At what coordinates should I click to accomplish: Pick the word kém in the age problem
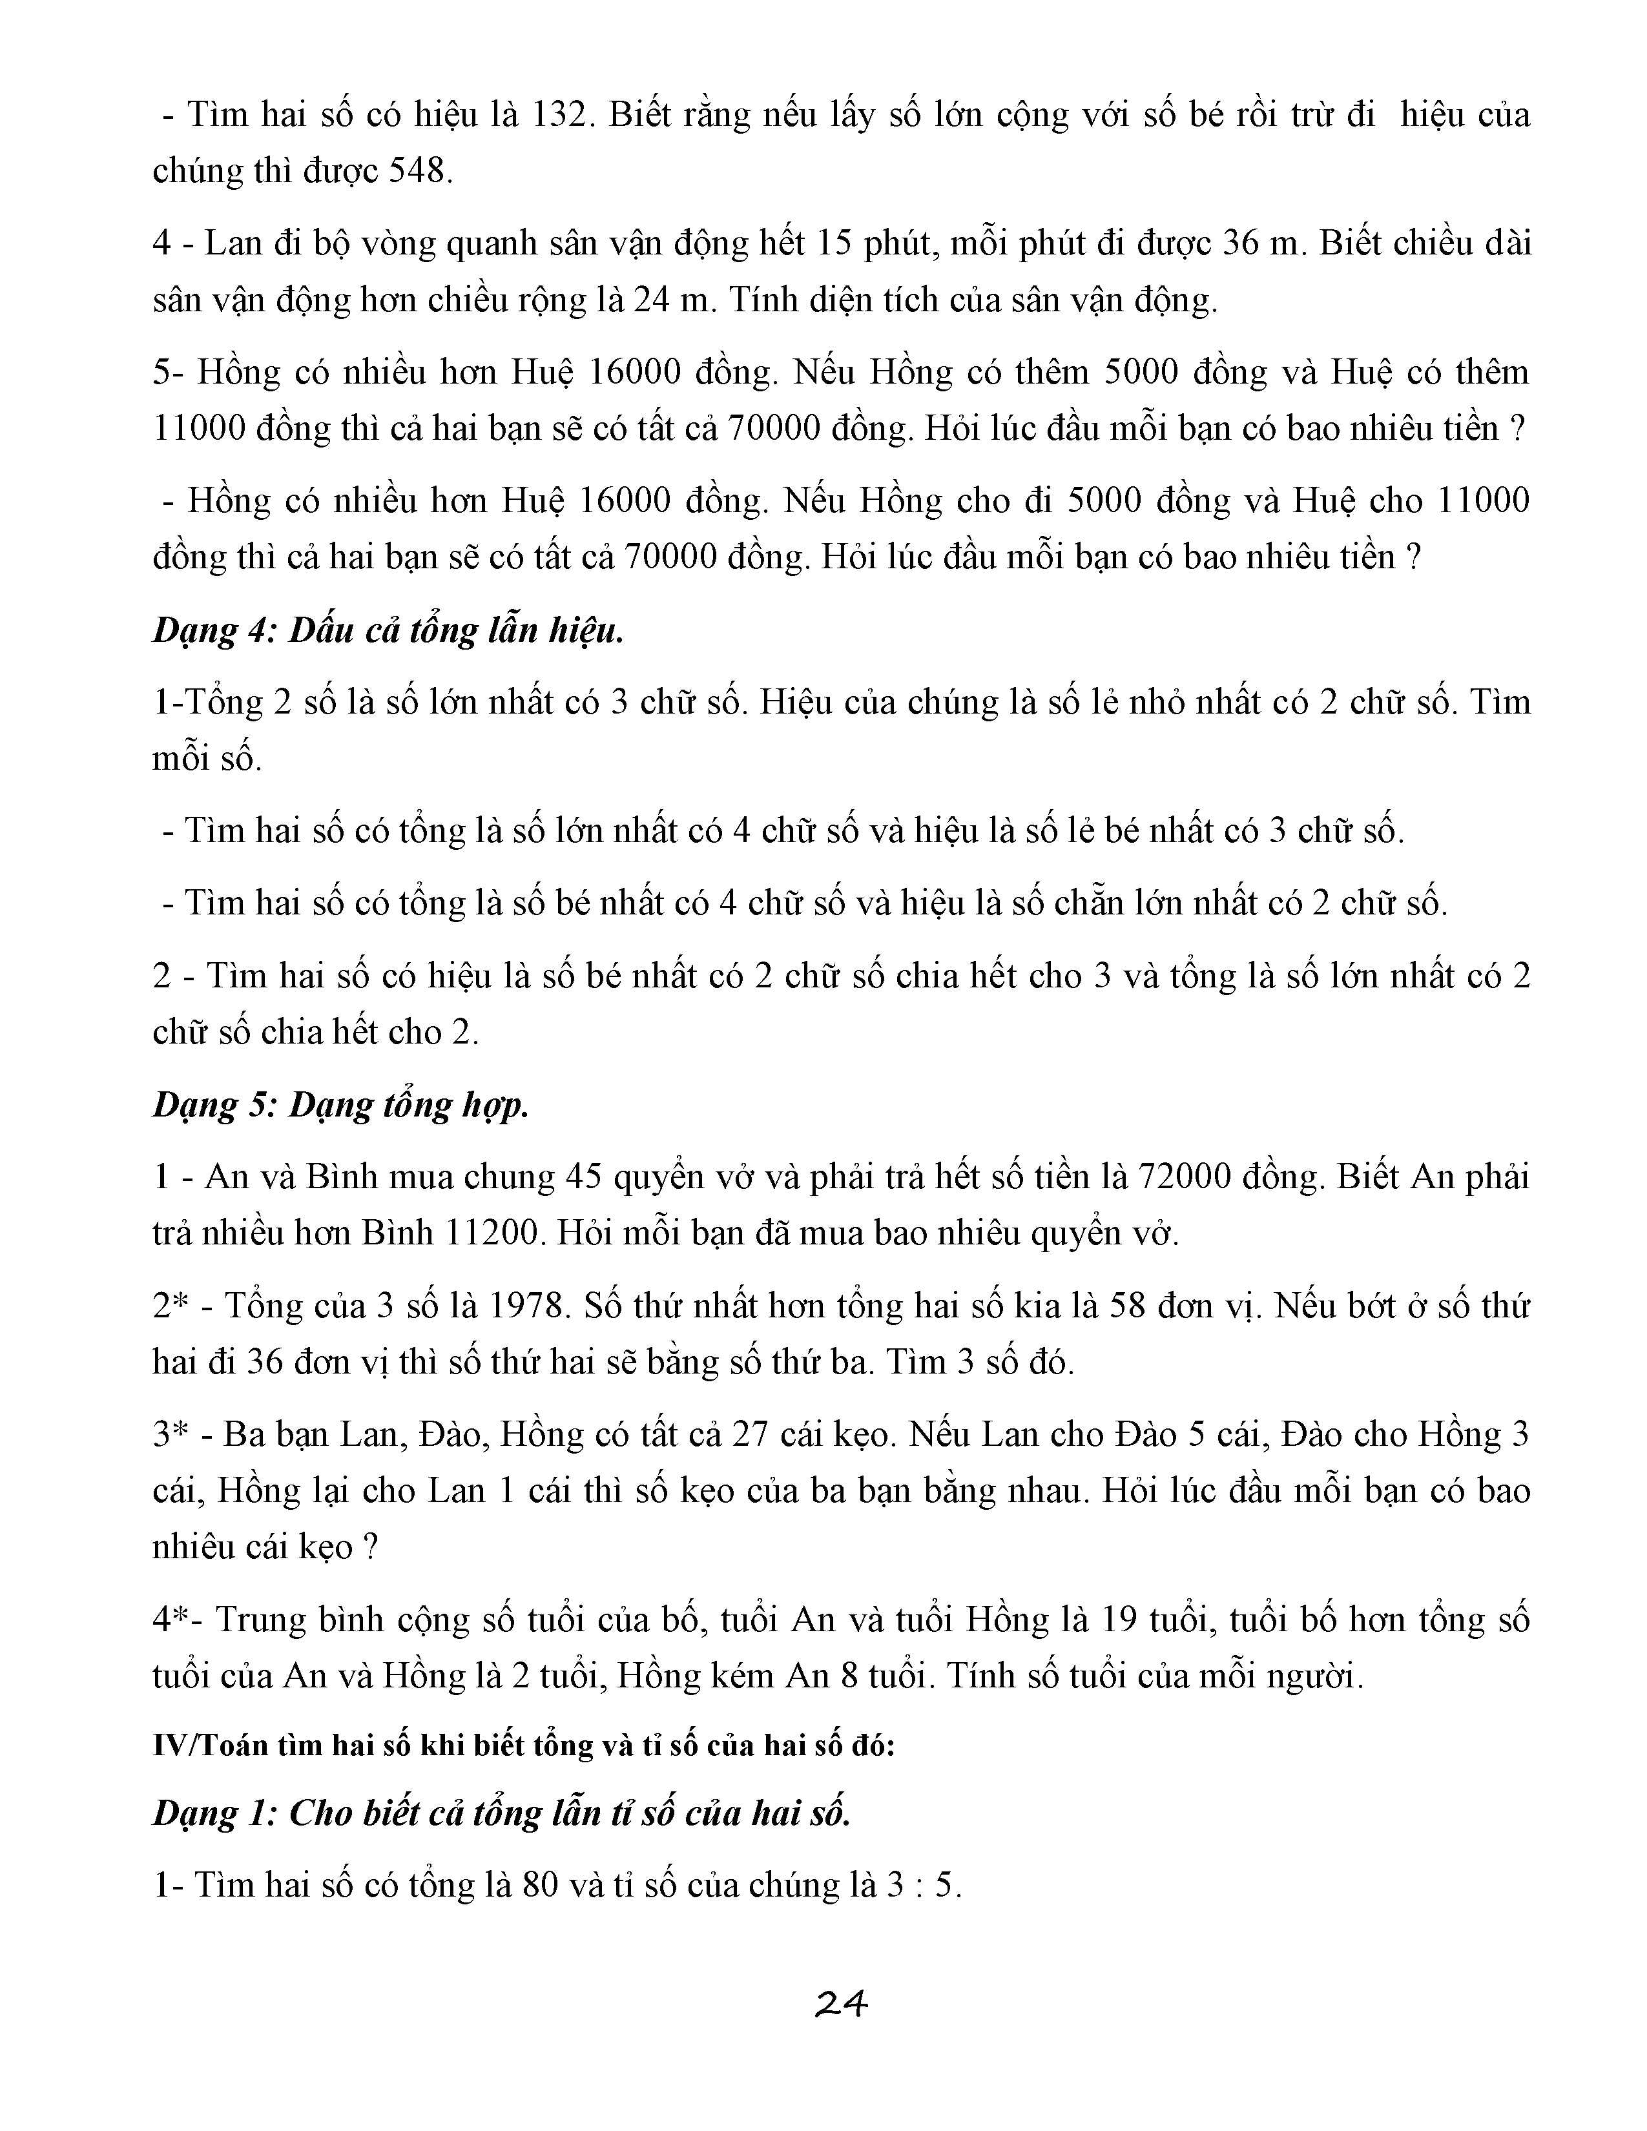[x=743, y=1676]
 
